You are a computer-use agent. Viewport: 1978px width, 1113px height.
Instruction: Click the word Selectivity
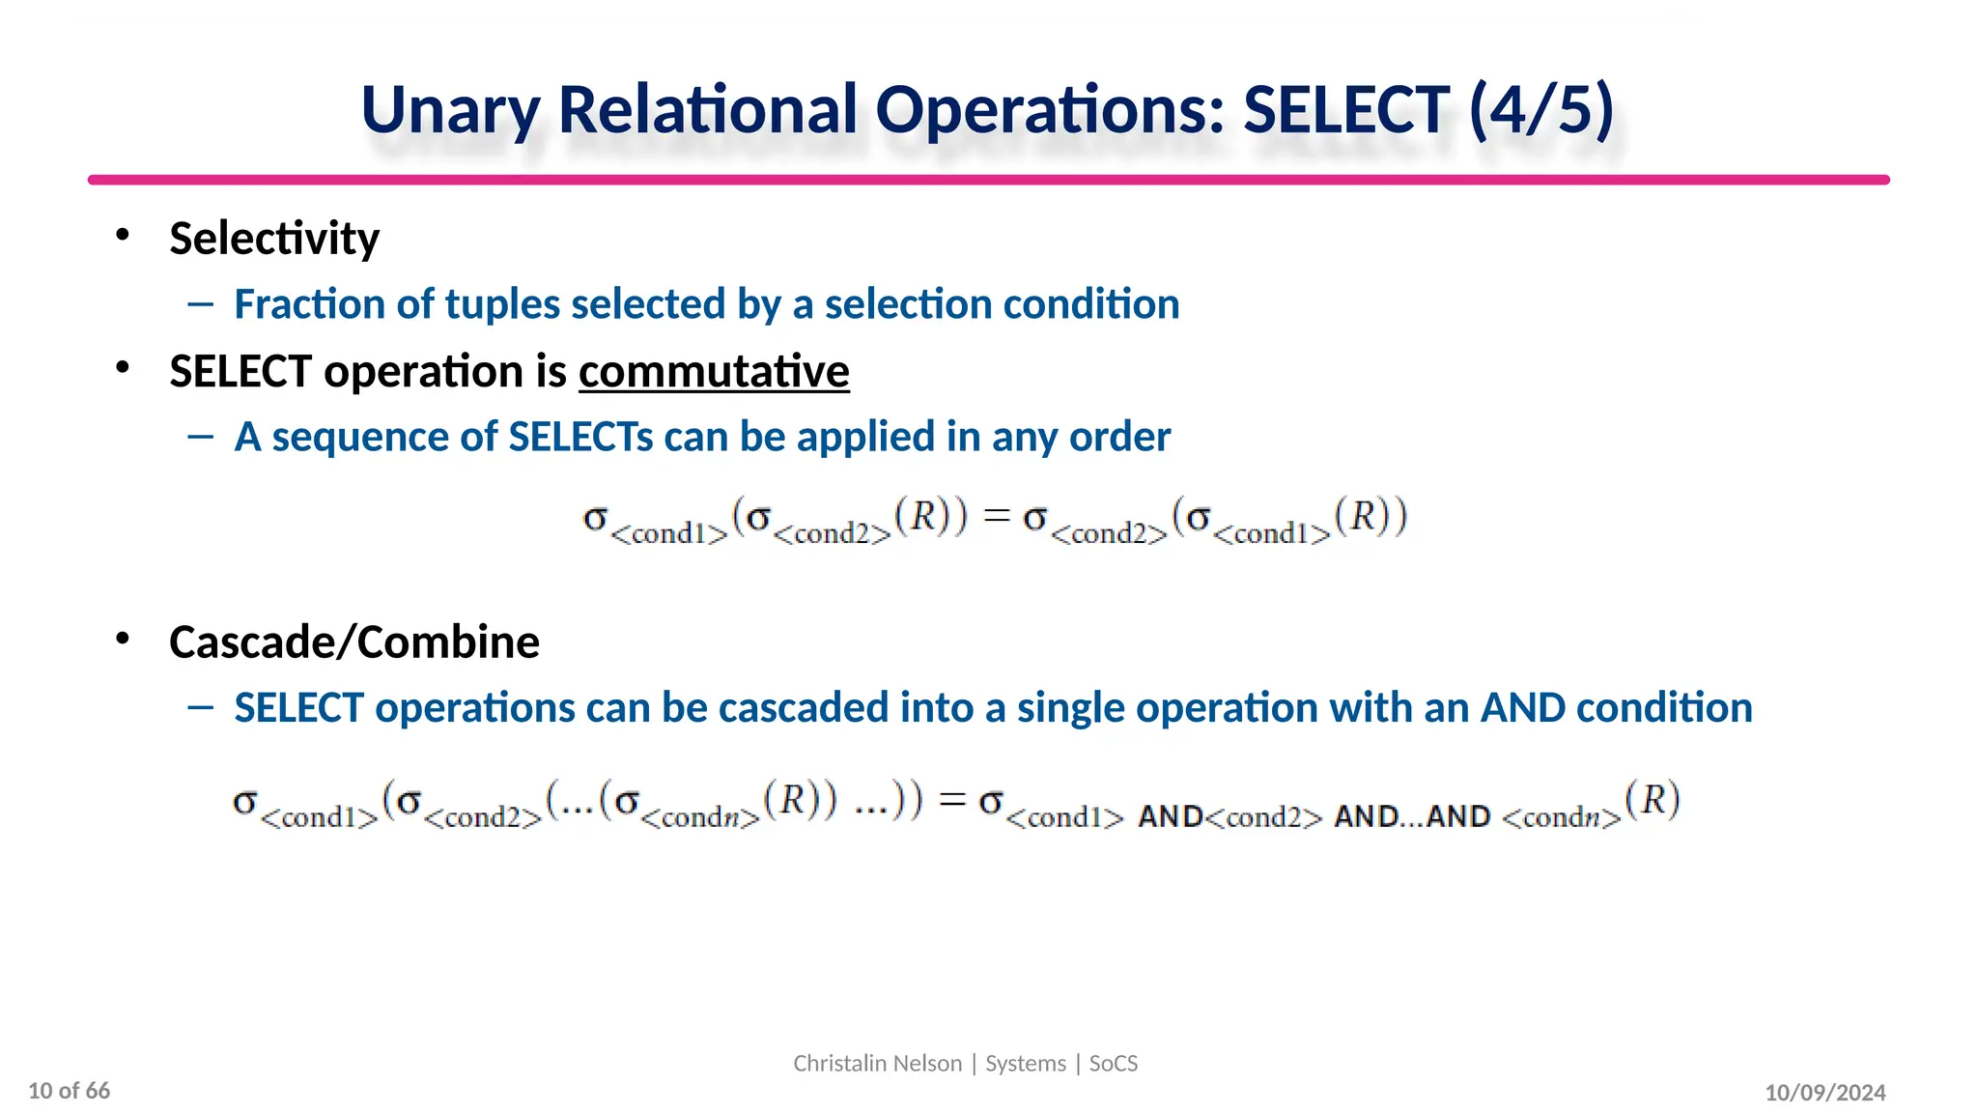274,239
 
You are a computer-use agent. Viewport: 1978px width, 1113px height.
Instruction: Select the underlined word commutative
714,372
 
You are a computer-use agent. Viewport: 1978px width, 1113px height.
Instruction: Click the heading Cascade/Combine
353,642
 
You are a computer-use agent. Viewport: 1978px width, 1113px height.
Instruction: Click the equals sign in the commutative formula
997,518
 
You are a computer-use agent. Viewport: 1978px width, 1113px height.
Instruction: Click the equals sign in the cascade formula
952,800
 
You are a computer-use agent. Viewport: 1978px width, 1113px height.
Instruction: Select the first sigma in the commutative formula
595,519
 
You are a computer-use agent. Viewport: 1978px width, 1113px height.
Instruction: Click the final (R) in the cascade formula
1653,800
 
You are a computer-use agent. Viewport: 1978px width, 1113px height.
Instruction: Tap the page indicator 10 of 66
70,1091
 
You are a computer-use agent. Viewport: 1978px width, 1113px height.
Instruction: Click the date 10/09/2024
1824,1093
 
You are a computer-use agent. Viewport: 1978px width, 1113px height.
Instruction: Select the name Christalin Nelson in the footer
877,1064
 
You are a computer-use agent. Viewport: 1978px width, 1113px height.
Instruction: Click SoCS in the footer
1113,1064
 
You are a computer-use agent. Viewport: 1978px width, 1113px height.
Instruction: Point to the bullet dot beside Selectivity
122,235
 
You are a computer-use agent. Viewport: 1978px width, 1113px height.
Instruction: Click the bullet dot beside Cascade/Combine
122,639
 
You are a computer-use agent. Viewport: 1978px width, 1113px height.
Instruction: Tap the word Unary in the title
450,109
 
